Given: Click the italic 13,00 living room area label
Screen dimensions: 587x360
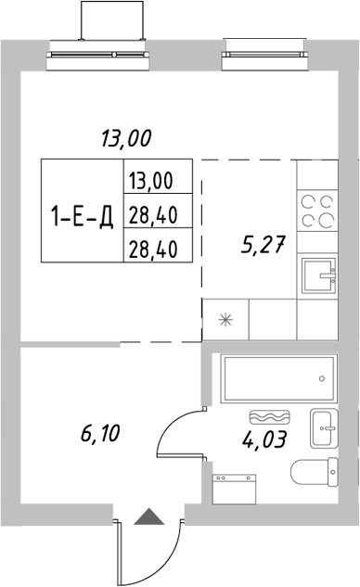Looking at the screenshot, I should coord(125,140).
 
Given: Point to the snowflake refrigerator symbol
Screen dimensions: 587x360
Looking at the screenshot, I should coord(224,321).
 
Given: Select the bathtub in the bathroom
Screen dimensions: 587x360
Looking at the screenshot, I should coord(276,378).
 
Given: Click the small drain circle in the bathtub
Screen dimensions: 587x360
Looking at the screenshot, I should coord(320,378).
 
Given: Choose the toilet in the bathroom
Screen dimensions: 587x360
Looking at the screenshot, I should coord(315,474).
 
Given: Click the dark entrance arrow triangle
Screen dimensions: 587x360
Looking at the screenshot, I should coord(147,518).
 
